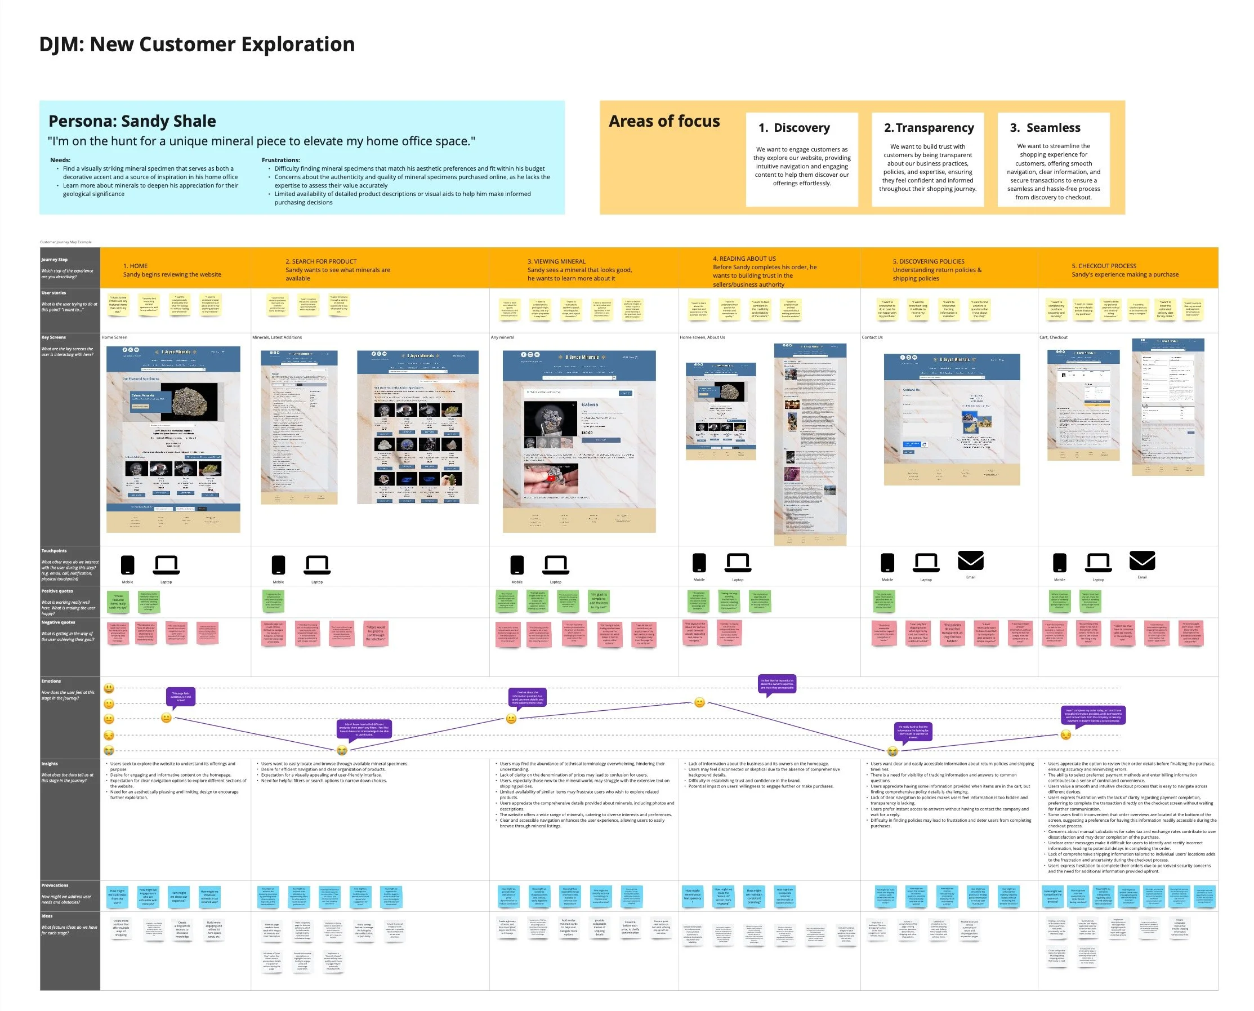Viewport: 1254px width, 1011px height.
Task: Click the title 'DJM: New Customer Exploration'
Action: click(x=197, y=44)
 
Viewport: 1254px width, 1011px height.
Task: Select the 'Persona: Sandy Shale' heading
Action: click(x=132, y=121)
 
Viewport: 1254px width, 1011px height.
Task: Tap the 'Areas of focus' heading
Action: click(x=664, y=121)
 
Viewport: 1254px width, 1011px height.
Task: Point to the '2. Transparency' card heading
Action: click(x=929, y=127)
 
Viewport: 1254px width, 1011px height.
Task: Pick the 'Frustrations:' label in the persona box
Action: click(x=280, y=160)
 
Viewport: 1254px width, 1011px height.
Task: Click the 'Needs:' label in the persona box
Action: click(x=60, y=160)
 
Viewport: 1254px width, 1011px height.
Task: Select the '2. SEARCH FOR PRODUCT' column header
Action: click(x=321, y=261)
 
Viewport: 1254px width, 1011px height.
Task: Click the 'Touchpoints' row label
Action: click(x=54, y=550)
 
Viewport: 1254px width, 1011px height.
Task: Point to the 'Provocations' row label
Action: click(x=55, y=885)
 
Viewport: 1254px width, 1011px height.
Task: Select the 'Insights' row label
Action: click(x=50, y=764)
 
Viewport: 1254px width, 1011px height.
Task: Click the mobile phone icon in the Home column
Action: click(x=127, y=565)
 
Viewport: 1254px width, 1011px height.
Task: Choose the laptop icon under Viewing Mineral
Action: click(x=555, y=565)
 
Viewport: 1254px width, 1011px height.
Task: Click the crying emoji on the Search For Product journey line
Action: click(x=342, y=751)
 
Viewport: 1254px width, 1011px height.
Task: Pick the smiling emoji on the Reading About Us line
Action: click(x=700, y=702)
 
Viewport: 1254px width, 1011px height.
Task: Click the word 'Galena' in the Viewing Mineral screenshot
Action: click(x=589, y=404)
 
